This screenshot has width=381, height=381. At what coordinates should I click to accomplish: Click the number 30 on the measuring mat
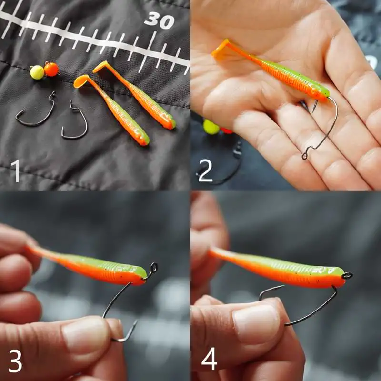tap(159, 20)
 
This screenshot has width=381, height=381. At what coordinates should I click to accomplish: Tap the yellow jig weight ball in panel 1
tap(37, 72)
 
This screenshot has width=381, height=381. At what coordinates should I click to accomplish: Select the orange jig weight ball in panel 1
tap(51, 69)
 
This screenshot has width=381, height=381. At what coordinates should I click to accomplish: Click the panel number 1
tap(16, 170)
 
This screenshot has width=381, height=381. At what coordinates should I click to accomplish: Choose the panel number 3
tap(15, 361)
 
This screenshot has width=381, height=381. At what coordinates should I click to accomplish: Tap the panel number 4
tap(209, 359)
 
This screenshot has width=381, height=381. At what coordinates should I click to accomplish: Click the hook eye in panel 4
tap(347, 276)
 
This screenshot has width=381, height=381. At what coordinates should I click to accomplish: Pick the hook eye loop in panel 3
tap(153, 268)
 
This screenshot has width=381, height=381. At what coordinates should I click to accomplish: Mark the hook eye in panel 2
tap(304, 156)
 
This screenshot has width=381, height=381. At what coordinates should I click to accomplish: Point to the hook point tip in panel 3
tap(137, 321)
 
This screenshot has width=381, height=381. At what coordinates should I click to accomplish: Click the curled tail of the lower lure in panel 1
tap(81, 81)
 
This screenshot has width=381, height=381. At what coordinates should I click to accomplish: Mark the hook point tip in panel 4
tap(283, 286)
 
